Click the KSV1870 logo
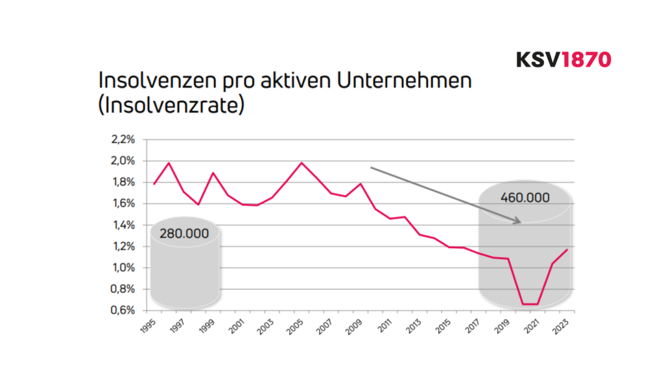[x=563, y=60]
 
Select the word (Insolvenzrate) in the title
[x=171, y=105]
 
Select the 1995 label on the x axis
[x=148, y=323]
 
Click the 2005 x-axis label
[x=296, y=323]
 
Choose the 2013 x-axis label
[x=414, y=323]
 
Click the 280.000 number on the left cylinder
[x=184, y=234]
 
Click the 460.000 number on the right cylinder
[x=525, y=197]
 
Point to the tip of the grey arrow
[x=521, y=222]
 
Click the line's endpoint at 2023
[x=567, y=250]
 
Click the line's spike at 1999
[x=213, y=173]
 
